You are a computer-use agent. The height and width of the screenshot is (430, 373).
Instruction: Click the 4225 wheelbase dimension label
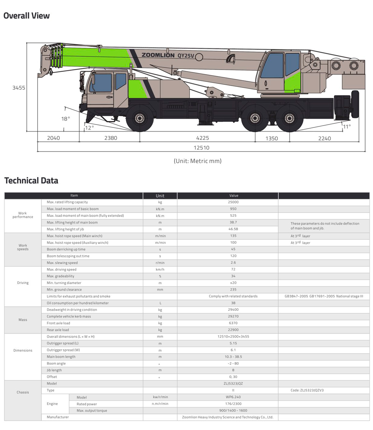point(197,138)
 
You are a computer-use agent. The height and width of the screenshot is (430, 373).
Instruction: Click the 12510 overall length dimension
point(201,148)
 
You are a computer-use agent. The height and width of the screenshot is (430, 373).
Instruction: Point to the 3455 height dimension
point(18,88)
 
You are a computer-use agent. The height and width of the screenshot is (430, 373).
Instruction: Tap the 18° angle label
point(66,119)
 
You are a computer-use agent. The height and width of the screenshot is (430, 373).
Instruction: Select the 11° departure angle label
point(347,127)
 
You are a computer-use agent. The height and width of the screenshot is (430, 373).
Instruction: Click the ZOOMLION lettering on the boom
point(158,55)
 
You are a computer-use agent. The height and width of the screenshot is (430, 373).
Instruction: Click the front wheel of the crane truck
point(140,118)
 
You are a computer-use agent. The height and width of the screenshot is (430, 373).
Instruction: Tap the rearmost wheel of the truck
point(289,118)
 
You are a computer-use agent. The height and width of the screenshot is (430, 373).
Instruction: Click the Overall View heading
point(26,16)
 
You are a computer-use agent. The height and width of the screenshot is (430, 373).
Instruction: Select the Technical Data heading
point(31,181)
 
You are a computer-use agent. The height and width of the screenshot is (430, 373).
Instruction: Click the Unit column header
point(160,196)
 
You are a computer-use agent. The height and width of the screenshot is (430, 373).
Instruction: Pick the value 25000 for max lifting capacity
point(233,202)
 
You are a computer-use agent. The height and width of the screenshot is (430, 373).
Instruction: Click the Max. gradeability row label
point(60,276)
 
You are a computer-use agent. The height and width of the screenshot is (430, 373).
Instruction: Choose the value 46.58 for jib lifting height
point(233,229)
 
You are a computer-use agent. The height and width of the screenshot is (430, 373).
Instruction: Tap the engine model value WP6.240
point(233,397)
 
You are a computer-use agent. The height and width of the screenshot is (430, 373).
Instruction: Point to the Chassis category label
point(23,392)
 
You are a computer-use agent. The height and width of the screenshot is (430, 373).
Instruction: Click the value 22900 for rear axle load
point(233,330)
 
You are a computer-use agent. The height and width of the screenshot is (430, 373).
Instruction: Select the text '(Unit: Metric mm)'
point(197,161)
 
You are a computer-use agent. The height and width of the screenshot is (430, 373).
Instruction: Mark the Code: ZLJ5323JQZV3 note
point(307,391)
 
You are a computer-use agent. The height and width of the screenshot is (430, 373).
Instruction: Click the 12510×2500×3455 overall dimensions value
point(233,336)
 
